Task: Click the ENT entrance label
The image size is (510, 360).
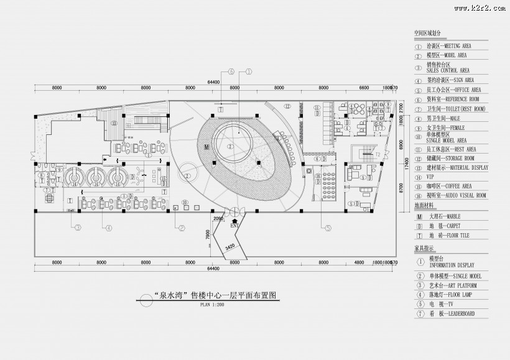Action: (x=234, y=226)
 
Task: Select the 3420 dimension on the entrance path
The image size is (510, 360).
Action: (x=229, y=246)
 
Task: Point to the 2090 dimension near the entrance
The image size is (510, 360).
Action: (x=218, y=219)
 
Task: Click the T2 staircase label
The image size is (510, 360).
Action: (x=376, y=154)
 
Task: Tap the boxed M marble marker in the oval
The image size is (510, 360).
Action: (x=205, y=147)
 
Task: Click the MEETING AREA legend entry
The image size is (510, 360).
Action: (x=448, y=46)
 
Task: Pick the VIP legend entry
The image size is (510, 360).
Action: (x=431, y=177)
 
